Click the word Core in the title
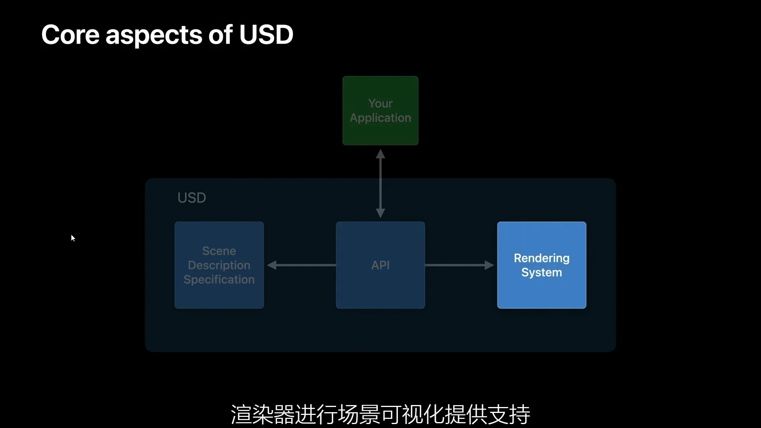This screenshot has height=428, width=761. click(x=70, y=34)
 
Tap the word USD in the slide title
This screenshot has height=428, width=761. click(x=266, y=34)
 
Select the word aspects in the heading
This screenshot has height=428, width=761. click(x=154, y=36)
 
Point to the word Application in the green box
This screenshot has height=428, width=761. click(x=380, y=118)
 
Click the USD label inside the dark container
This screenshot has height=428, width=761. click(x=191, y=198)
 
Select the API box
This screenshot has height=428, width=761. click(x=380, y=265)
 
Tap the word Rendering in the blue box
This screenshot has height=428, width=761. click(x=541, y=258)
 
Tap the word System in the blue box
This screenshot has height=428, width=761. click(x=541, y=273)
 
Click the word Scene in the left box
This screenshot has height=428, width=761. click(x=219, y=251)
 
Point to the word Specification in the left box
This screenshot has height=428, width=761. click(x=219, y=280)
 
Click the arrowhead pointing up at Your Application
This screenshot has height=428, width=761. click(x=380, y=154)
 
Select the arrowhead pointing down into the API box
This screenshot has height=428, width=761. click(x=380, y=213)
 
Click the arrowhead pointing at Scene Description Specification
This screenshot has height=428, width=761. click(x=272, y=265)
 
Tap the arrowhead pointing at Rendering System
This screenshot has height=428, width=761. click(x=489, y=265)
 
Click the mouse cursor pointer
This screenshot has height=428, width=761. click(x=73, y=238)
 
